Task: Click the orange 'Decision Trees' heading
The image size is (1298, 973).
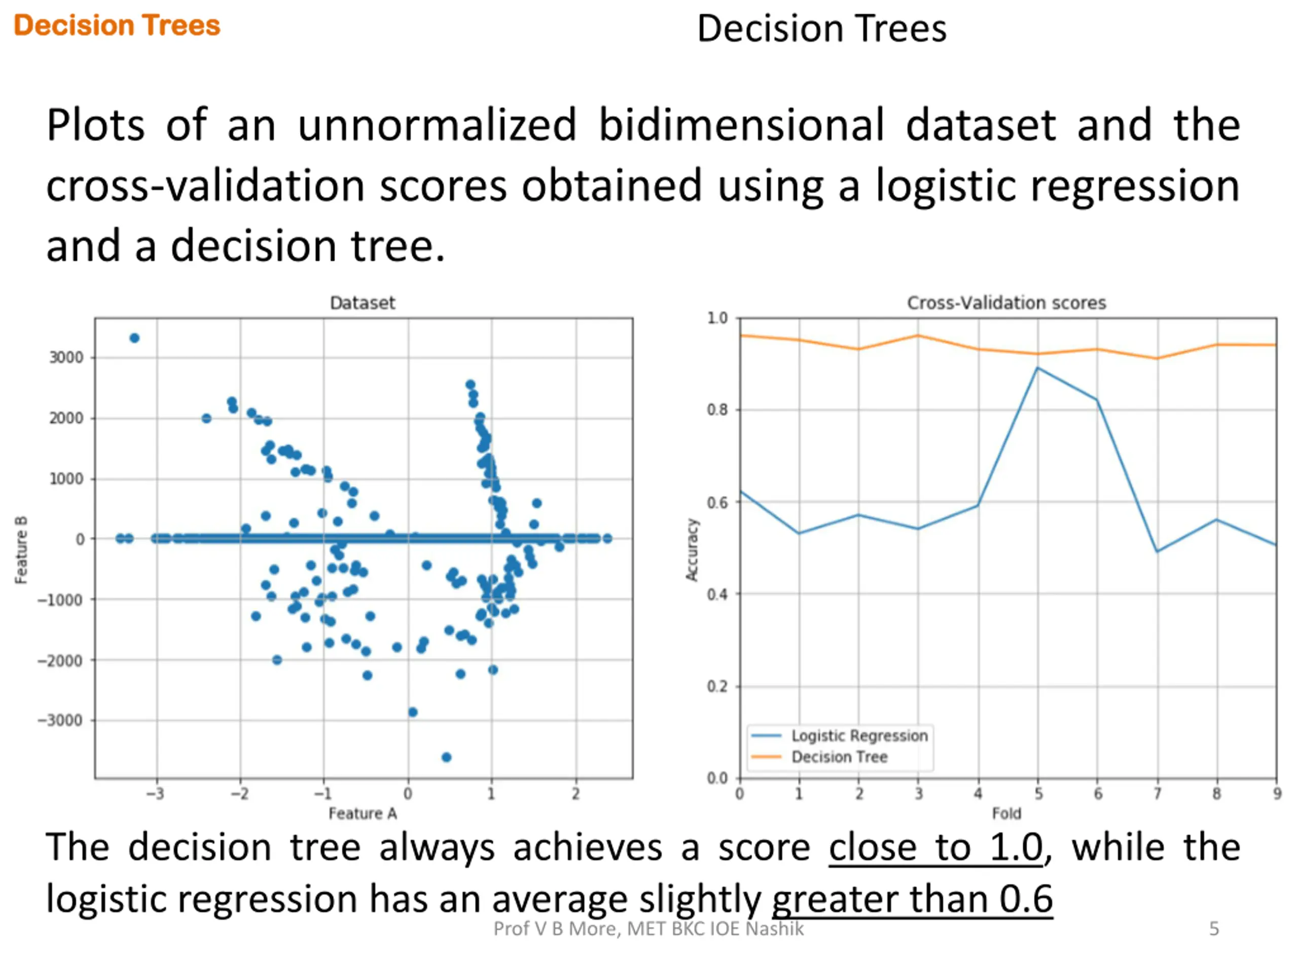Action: [x=117, y=26]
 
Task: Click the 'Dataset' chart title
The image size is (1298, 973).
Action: [x=362, y=303]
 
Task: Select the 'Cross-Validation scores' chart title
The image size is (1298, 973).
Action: [x=1006, y=303]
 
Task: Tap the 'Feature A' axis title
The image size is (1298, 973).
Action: [x=362, y=813]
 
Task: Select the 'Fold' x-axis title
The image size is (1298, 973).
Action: [x=1006, y=813]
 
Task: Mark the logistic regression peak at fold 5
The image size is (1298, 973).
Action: [x=1037, y=368]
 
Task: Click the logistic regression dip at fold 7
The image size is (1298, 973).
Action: [x=1157, y=551]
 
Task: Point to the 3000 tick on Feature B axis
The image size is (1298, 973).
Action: [x=66, y=357]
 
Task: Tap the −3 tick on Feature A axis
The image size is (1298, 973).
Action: [x=156, y=794]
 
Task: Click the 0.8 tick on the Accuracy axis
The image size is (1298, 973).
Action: [x=717, y=409]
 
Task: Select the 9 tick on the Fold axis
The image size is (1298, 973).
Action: [x=1277, y=794]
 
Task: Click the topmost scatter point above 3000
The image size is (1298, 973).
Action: [x=134, y=338]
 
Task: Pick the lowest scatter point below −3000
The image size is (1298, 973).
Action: [x=446, y=757]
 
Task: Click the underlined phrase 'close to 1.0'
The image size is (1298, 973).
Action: [x=935, y=847]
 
